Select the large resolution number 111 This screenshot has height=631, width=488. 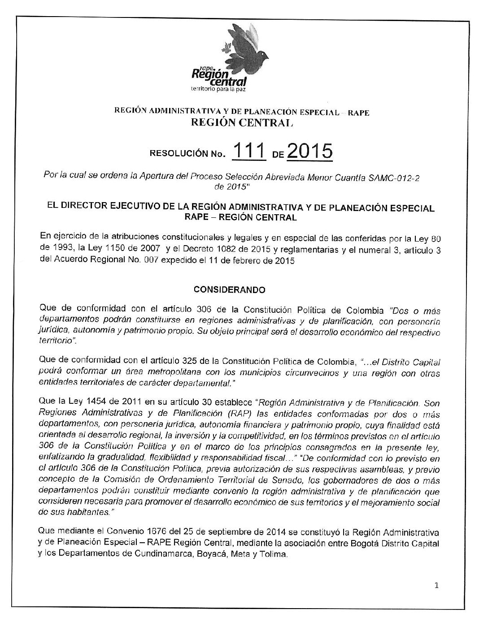click(x=248, y=152)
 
